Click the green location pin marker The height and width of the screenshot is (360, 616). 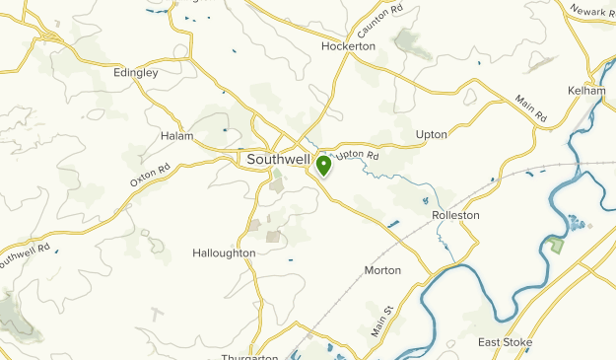323,165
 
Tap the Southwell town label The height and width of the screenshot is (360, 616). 277,159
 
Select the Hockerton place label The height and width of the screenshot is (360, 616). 349,46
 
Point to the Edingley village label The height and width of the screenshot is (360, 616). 137,72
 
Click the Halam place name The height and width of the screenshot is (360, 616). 177,136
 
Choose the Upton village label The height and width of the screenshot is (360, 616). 432,134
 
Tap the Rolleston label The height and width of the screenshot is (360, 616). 455,215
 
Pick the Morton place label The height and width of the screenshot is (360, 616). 382,270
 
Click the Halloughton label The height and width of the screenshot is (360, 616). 224,253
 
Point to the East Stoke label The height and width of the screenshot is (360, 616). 505,342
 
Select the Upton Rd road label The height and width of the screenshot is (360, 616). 358,155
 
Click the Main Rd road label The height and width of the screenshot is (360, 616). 530,109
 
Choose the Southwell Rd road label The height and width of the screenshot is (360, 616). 24,255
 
